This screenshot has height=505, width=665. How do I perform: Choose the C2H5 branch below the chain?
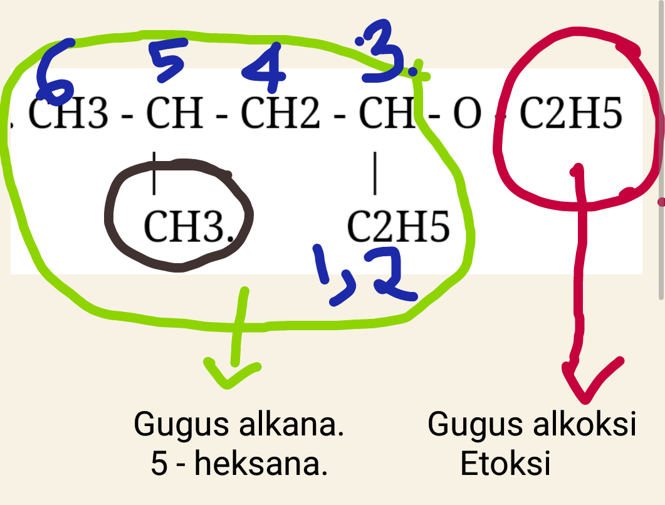(398, 226)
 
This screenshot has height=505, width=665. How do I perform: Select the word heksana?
(261, 464)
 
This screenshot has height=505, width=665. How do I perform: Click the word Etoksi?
(505, 464)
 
